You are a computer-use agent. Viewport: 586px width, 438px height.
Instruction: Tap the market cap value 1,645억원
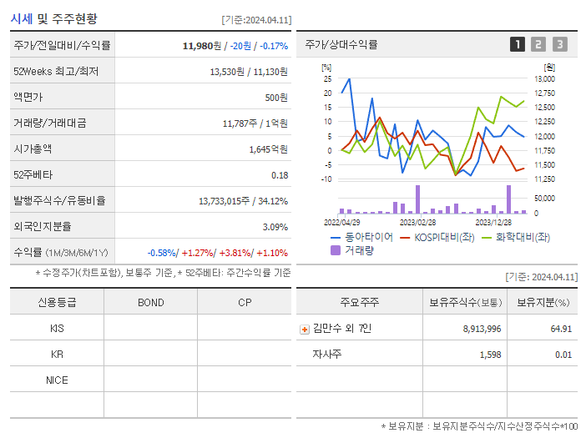(x=268, y=149)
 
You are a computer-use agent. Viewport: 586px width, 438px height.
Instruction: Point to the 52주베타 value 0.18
(x=280, y=174)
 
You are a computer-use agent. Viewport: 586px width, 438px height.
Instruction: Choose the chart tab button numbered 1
(x=518, y=44)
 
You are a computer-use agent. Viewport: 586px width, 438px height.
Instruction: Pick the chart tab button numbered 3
(x=559, y=44)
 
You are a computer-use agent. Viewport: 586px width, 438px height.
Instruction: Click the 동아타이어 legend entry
(x=361, y=237)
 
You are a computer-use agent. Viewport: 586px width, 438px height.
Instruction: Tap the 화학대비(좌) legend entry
(x=517, y=237)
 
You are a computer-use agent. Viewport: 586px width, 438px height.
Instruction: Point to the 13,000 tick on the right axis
(x=544, y=78)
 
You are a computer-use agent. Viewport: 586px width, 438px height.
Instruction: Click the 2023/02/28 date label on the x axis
(x=417, y=223)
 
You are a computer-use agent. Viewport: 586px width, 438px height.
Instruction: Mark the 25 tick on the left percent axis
(x=328, y=78)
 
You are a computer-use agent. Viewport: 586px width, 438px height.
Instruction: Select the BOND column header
(x=150, y=302)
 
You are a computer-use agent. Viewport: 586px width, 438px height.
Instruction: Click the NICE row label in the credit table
(x=57, y=380)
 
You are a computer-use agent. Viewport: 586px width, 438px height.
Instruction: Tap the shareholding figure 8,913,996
(x=482, y=329)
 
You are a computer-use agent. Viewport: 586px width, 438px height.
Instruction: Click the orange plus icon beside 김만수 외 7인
(x=305, y=329)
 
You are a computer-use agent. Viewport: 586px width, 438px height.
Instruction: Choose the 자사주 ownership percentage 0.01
(x=563, y=355)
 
